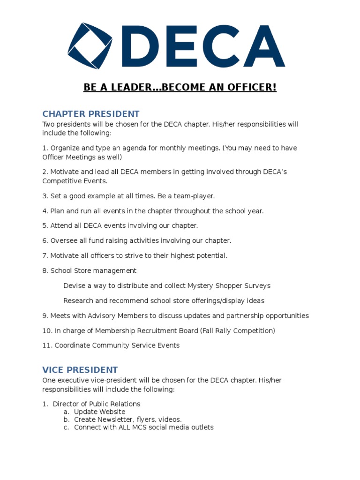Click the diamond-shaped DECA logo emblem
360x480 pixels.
coord(90,46)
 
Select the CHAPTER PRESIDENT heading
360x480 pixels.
coord(91,114)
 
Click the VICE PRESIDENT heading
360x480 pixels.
coord(80,370)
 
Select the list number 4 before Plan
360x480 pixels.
coord(45,211)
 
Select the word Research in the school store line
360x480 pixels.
coord(78,301)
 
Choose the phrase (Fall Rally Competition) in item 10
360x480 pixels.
coord(238,331)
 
